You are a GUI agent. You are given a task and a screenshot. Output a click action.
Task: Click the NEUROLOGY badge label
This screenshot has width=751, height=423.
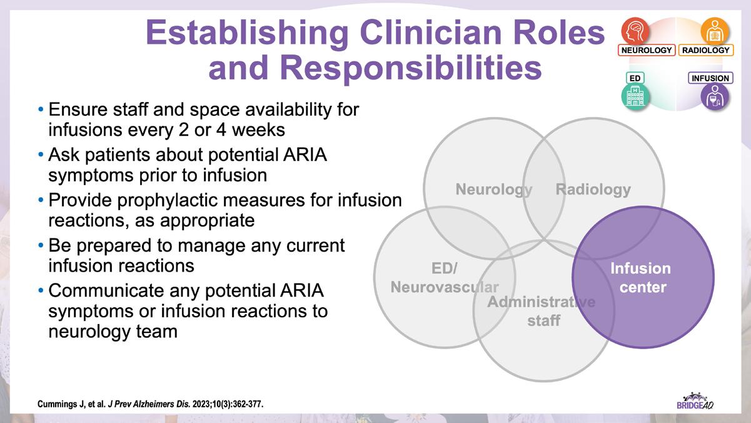tap(647, 50)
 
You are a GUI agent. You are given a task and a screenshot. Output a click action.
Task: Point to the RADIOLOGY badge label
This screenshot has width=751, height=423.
tap(706, 50)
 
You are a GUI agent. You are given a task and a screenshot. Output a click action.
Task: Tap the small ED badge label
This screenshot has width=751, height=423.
tap(634, 78)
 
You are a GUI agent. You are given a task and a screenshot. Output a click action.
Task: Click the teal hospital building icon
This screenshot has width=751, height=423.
tap(635, 97)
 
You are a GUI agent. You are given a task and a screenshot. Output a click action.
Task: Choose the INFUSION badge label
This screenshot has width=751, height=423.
tap(710, 78)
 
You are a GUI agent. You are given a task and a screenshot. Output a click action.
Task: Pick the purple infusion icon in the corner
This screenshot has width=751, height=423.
tap(714, 97)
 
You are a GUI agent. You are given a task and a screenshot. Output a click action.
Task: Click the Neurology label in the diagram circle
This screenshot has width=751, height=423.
tap(493, 189)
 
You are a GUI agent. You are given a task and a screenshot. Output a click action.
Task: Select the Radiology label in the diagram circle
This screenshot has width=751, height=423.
tap(593, 189)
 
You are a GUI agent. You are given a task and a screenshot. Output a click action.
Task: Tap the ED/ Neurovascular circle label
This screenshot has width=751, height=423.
tap(445, 278)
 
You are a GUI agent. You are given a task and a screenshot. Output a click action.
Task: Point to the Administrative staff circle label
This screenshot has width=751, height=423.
tap(542, 311)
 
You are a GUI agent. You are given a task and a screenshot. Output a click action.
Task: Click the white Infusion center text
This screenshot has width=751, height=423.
tap(640, 278)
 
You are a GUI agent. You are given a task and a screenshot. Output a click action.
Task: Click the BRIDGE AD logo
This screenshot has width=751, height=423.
tap(695, 401)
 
